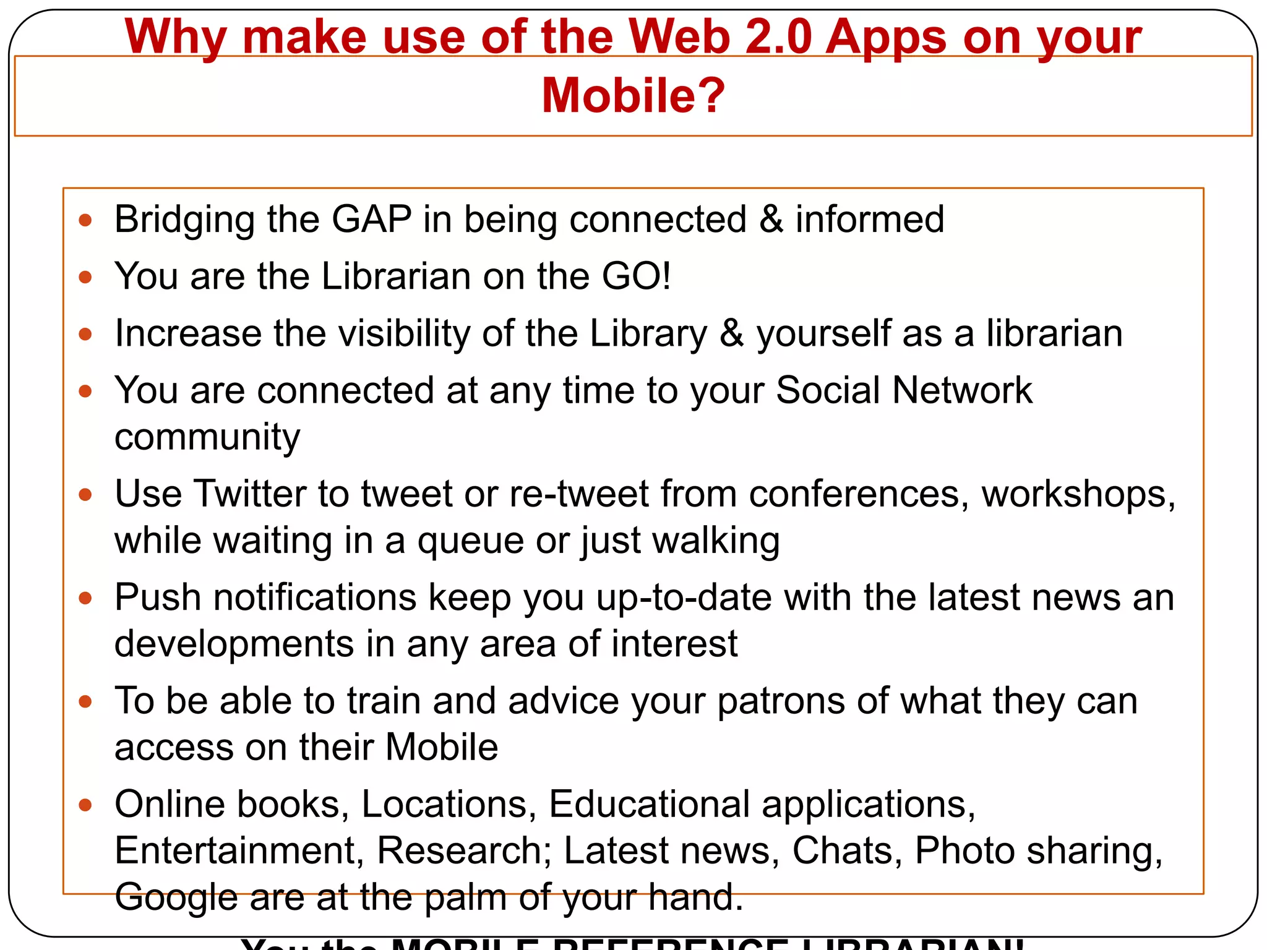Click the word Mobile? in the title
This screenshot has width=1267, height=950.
click(x=633, y=96)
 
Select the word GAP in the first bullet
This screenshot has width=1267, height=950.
click(x=372, y=219)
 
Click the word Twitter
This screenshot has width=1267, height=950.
click(x=250, y=494)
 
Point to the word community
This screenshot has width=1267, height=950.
click(x=207, y=437)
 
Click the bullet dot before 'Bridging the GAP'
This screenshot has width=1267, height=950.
click(x=85, y=220)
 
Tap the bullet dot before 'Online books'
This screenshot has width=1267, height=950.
click(x=85, y=805)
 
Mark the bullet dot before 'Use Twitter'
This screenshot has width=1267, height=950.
click(x=85, y=495)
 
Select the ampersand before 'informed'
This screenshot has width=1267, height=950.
click(x=771, y=219)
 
